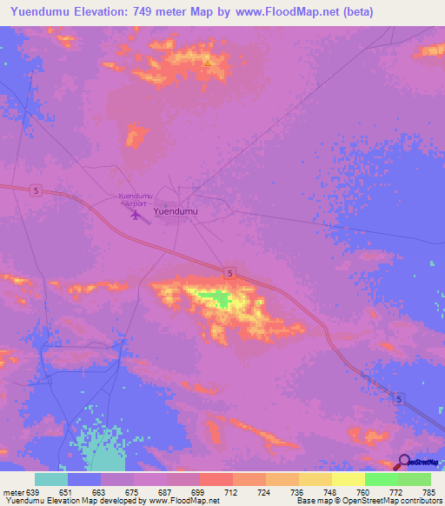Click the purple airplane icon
point(135,214)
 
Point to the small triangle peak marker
point(207,63)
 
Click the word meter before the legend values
point(11,491)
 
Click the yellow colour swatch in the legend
point(349,479)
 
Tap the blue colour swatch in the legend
point(84,479)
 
